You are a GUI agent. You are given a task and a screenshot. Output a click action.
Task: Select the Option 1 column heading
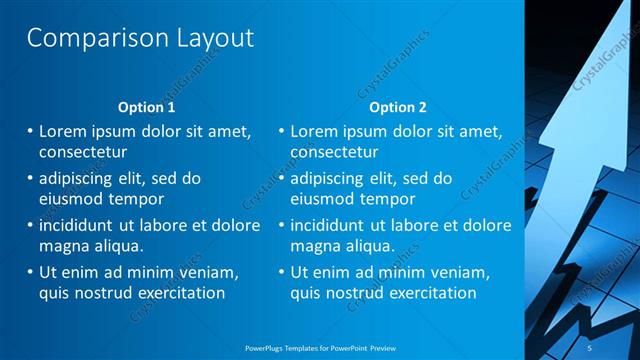[x=146, y=107]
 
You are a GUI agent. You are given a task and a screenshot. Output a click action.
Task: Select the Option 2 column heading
[x=397, y=107]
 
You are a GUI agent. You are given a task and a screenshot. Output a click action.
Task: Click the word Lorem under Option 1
[x=66, y=131]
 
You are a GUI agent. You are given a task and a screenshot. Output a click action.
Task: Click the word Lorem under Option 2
[x=317, y=131]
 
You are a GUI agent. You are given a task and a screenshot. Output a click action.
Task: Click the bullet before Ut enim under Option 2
[x=283, y=271]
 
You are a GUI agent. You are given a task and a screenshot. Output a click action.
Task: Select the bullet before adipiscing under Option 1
[x=31, y=178]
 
